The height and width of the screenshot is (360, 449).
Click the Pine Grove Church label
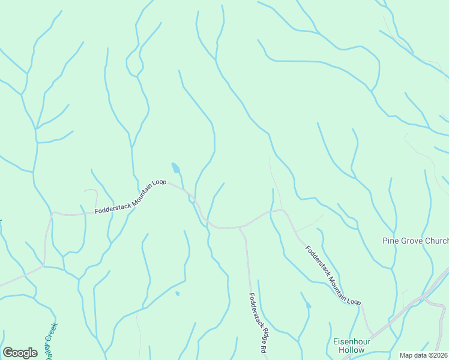(415, 241)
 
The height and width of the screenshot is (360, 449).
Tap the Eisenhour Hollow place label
(349, 345)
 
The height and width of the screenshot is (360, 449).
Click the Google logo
(20, 353)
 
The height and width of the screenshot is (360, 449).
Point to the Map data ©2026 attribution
(424, 355)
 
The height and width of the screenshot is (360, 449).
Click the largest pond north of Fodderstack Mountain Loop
(176, 168)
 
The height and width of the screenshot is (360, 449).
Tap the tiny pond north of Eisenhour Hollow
(309, 306)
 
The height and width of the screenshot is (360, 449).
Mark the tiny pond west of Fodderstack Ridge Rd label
(177, 293)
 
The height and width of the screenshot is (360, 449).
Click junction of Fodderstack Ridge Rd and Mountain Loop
(241, 227)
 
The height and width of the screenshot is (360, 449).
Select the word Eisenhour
(349, 341)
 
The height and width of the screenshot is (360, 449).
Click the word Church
(436, 241)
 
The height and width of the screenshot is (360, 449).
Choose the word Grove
(412, 241)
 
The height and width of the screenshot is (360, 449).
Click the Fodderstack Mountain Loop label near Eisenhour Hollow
(333, 275)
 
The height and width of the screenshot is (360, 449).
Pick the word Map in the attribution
(408, 355)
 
